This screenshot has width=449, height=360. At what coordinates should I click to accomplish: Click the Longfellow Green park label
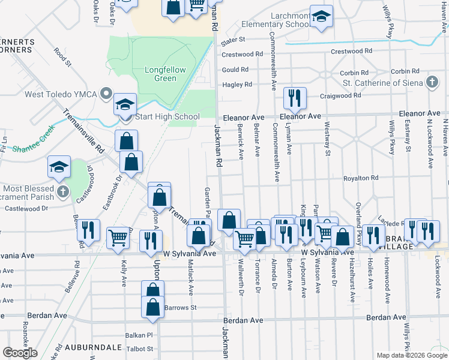pyautogui.click(x=165, y=74)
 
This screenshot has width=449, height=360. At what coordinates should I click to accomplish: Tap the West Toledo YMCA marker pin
pyautogui.click(x=106, y=94)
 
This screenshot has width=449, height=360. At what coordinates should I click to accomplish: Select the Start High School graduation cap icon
pyautogui.click(x=126, y=104)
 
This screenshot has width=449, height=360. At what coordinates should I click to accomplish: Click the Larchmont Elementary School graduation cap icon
pyautogui.click(x=322, y=17)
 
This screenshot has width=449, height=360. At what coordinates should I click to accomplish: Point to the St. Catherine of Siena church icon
pyautogui.click(x=432, y=83)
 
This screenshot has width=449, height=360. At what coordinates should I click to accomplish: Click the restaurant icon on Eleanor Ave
pyautogui.click(x=294, y=98)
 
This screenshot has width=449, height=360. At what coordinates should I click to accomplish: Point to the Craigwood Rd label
pyautogui.click(x=340, y=95)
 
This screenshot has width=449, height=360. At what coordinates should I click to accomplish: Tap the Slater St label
pyautogui.click(x=234, y=40)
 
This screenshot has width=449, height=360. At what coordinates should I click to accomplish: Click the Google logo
pyautogui.click(x=20, y=353)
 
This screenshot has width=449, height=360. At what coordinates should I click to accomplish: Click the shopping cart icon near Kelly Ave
pyautogui.click(x=118, y=238)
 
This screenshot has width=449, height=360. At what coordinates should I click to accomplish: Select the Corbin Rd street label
pyautogui.click(x=354, y=73)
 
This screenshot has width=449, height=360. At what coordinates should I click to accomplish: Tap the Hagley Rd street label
pyautogui.click(x=237, y=85)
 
